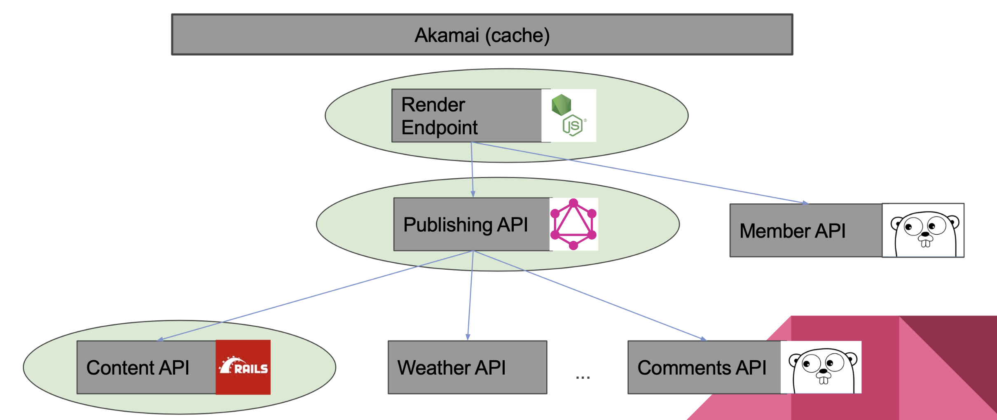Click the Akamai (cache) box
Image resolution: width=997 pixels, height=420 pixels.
click(482, 35)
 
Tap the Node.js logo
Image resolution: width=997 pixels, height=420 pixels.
click(569, 116)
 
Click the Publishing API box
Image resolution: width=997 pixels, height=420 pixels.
click(472, 224)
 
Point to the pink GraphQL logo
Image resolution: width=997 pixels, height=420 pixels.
click(573, 224)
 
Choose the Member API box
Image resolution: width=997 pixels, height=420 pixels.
click(806, 231)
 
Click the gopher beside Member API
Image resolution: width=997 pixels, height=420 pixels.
click(923, 231)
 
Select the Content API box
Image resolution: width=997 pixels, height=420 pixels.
click(146, 367)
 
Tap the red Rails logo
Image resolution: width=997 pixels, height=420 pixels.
click(243, 367)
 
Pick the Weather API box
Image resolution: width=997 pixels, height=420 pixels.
click(468, 367)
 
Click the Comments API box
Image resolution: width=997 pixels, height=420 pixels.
click(704, 367)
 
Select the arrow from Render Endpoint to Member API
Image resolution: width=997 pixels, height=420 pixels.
click(639, 173)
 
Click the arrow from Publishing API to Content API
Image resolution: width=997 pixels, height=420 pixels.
click(315, 296)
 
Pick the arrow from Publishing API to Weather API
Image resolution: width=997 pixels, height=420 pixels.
click(470, 296)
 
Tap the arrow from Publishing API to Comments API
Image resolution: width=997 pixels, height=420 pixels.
click(589, 295)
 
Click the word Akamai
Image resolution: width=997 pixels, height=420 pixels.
click(447, 35)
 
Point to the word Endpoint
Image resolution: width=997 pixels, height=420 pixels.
click(439, 128)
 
